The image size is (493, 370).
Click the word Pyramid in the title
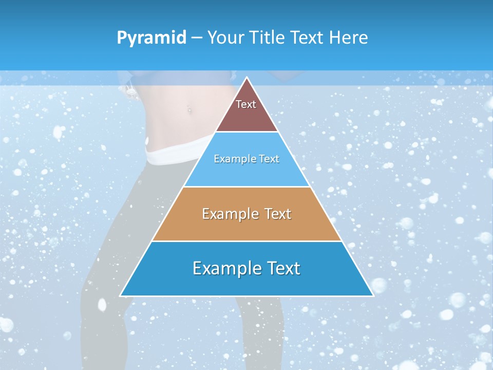pos(151,38)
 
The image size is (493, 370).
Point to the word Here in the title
pos(349,38)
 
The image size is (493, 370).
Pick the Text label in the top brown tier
pos(246,104)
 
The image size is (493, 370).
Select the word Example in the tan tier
pos(229,214)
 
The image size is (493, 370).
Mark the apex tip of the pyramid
pos(247,78)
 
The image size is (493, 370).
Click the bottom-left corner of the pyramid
pos(121,295)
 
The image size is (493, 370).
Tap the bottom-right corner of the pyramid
pos(373,295)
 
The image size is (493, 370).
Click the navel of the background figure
pos(189,109)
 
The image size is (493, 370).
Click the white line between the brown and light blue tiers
pos(247,132)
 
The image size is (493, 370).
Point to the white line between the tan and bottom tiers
pos(247,241)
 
